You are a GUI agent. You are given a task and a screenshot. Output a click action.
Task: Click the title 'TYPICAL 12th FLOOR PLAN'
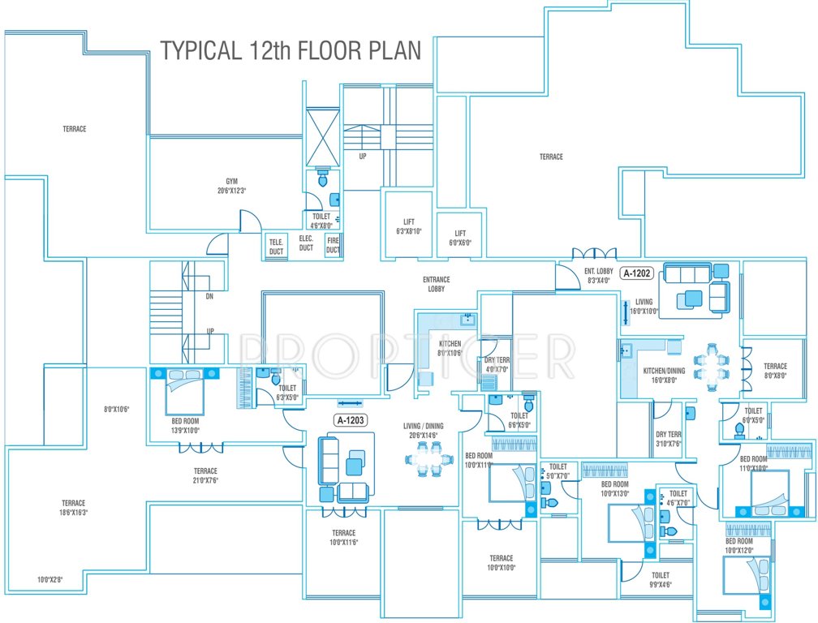click(291, 49)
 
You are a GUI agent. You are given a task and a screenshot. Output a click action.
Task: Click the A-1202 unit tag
click(637, 273)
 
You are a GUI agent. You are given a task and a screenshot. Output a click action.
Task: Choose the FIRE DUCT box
click(333, 246)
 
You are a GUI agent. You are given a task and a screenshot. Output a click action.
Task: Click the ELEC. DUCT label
click(306, 243)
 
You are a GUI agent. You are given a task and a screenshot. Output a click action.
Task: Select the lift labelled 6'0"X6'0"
click(460, 237)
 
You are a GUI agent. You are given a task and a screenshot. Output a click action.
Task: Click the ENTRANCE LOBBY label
click(436, 284)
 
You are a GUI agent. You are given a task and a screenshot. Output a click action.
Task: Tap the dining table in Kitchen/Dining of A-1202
click(712, 366)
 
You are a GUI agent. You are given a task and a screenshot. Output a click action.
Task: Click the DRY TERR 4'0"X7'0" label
click(496, 364)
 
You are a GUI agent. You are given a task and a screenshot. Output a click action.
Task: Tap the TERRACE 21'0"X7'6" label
click(205, 475)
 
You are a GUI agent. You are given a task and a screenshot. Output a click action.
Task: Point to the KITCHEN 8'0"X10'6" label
click(449, 347)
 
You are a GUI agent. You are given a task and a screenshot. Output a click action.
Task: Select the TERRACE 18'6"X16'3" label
click(73, 508)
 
